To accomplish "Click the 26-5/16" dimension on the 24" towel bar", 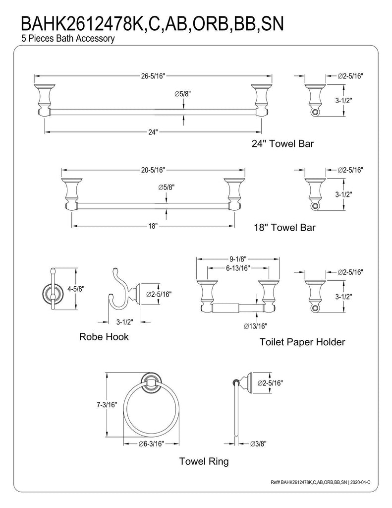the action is (x=153, y=76).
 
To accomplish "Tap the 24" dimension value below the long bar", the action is (x=153, y=132).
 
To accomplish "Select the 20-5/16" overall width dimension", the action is (x=153, y=170).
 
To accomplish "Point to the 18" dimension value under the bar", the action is (x=153, y=226).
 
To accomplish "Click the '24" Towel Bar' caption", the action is (x=282, y=143).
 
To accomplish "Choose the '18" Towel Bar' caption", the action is (x=284, y=227).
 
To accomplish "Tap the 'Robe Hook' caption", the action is (x=104, y=337).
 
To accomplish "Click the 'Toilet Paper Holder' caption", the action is (x=302, y=342).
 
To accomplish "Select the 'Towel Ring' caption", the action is (x=204, y=461).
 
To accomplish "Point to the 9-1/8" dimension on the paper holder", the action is (x=238, y=259).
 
